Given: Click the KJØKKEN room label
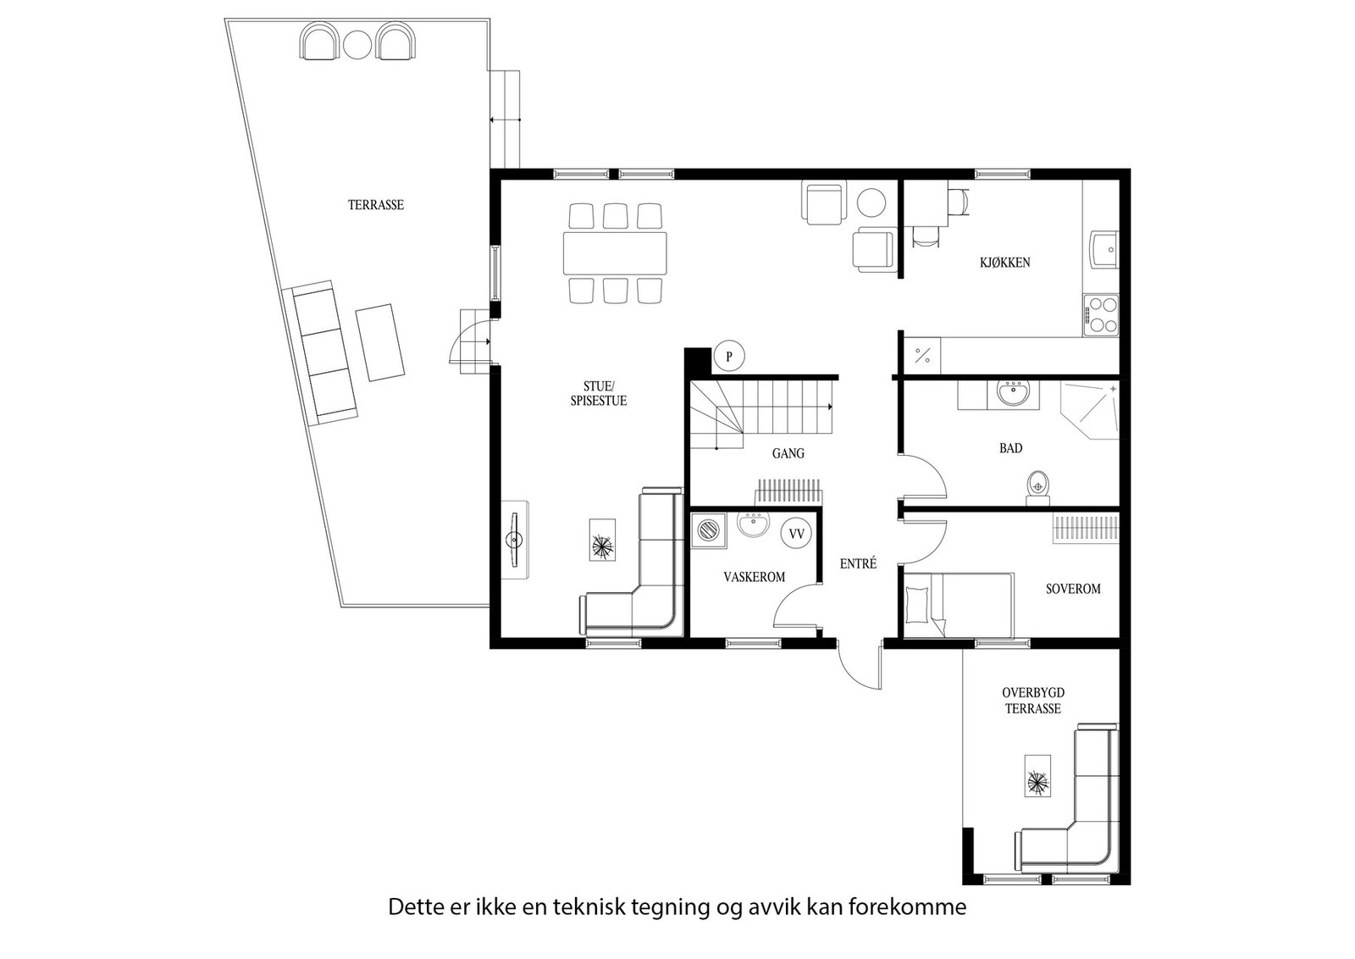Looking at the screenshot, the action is click(1004, 263).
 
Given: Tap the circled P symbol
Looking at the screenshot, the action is click(729, 357).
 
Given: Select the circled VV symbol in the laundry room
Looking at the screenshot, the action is click(797, 534).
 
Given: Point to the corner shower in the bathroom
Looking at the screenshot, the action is click(1090, 410).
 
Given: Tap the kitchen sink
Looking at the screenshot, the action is click(1104, 248).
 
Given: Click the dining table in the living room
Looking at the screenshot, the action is click(615, 253).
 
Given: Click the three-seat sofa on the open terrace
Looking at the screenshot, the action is click(319, 352).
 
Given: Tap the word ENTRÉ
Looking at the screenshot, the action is click(858, 564).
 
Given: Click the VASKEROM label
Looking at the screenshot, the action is click(755, 577).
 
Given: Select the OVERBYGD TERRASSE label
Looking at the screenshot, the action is click(1033, 701).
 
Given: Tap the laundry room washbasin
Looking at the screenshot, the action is click(753, 524).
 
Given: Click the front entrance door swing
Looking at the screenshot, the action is click(860, 666).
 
